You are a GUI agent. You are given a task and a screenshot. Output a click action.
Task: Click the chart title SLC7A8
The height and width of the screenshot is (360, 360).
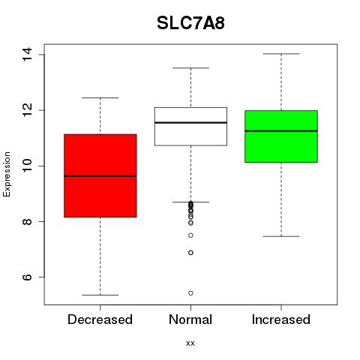tap(190, 23)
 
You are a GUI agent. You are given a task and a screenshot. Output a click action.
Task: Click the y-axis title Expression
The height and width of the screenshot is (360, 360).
tap(7, 174)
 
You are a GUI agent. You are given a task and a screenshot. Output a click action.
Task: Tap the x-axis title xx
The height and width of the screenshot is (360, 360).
tap(190, 343)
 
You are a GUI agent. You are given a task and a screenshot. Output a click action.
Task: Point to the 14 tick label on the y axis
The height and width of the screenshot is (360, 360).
tap(27, 54)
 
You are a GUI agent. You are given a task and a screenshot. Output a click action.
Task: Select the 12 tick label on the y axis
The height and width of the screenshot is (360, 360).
tap(27, 110)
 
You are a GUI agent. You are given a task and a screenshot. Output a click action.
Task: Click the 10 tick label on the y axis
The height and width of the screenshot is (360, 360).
tap(27, 166)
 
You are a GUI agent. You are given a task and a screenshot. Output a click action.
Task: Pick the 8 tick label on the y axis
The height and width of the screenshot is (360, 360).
tap(27, 221)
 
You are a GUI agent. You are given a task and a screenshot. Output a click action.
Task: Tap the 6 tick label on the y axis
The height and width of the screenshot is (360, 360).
tap(27, 277)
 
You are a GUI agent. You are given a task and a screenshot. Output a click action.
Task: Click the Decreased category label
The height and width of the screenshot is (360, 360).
tap(100, 319)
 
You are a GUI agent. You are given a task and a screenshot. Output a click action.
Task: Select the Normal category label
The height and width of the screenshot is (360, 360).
tap(190, 319)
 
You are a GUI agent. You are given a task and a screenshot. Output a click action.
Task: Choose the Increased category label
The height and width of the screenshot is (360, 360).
tap(281, 319)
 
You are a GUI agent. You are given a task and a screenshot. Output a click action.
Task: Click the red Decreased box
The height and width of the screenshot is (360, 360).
tap(100, 175)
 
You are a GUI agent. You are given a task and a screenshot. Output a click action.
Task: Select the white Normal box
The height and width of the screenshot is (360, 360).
tap(190, 127)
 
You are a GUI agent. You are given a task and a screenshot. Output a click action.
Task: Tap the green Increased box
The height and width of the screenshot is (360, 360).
tap(281, 136)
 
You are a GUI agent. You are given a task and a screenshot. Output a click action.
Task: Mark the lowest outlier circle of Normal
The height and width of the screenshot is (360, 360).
tap(190, 293)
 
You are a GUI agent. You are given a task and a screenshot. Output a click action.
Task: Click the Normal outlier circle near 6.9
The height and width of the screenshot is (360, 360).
tap(190, 253)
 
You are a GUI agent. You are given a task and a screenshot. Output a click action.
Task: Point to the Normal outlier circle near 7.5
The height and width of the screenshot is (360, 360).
tap(190, 235)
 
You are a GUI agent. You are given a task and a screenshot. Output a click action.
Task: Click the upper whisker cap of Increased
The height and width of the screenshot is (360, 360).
tap(281, 54)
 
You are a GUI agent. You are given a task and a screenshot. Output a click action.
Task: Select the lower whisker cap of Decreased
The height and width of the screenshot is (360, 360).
tap(100, 295)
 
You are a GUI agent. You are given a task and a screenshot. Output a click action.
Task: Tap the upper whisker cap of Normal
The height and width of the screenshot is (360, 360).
tap(190, 67)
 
